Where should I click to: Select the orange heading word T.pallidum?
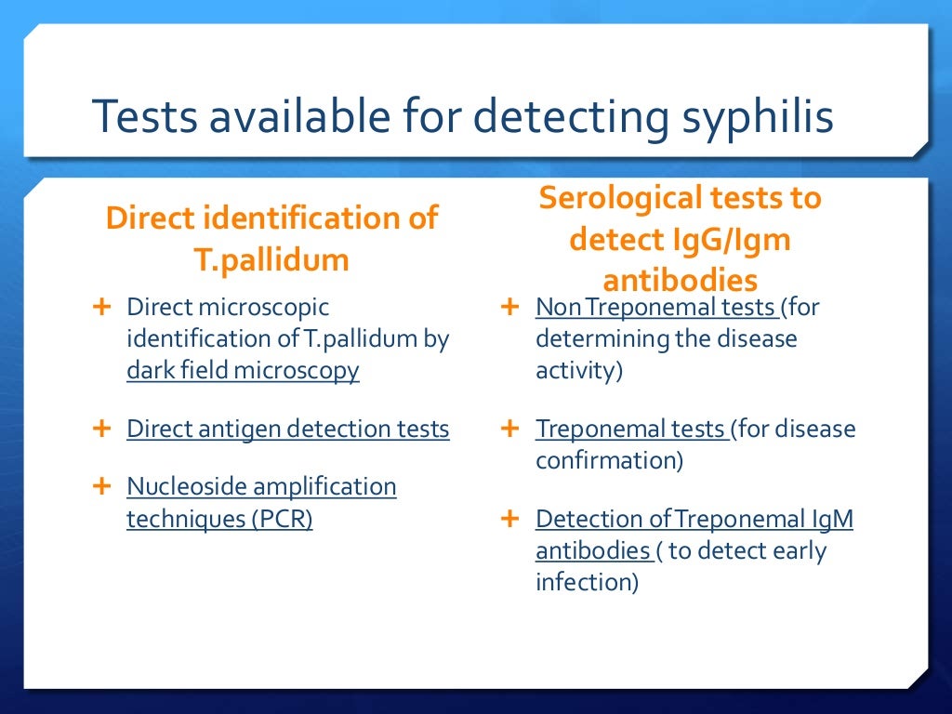[x=271, y=259]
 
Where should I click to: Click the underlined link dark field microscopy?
[x=243, y=370]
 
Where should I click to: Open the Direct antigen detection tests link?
[x=288, y=429]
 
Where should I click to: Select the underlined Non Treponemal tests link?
[x=656, y=307]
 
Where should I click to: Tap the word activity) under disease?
[x=579, y=370]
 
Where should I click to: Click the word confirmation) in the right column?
[x=610, y=459]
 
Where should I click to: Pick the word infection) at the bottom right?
[x=587, y=582]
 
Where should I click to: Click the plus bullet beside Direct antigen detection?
[x=101, y=429]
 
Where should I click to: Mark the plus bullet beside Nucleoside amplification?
[x=101, y=485]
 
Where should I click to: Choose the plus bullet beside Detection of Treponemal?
[x=509, y=519]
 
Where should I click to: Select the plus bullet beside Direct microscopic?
[x=101, y=306]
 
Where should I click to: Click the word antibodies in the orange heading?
[x=680, y=280]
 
